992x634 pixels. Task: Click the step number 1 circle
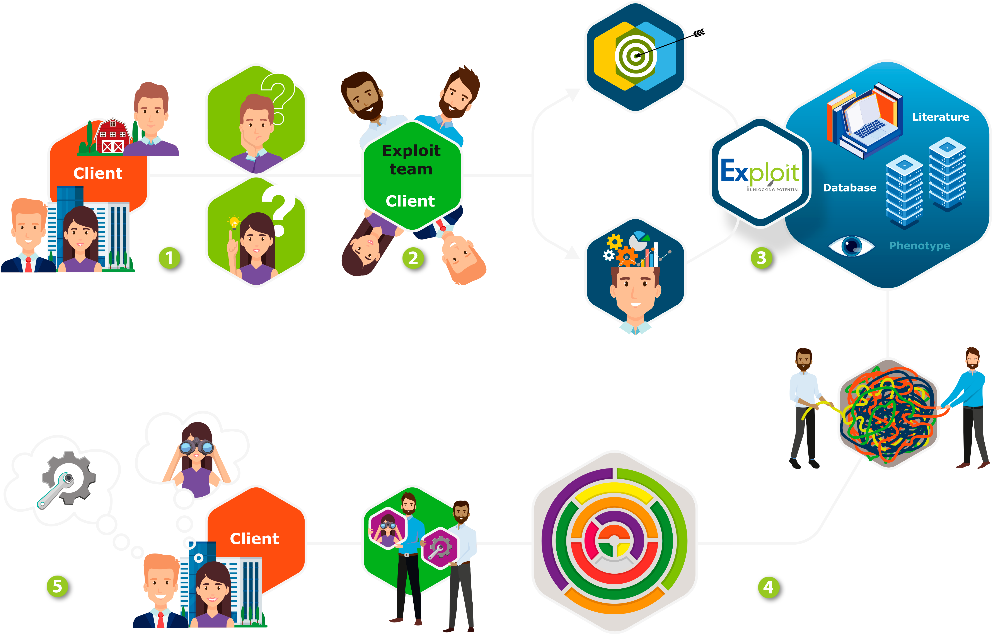point(169,258)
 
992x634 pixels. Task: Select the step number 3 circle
point(761,258)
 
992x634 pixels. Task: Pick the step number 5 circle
point(57,586)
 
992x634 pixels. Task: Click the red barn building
point(112,136)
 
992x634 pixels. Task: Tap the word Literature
point(941,117)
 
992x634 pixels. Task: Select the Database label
point(849,188)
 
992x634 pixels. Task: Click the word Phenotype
point(919,246)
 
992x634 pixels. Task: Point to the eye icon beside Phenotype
point(851,246)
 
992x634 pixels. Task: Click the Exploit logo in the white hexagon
point(760,173)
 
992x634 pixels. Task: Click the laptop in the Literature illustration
point(867,120)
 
